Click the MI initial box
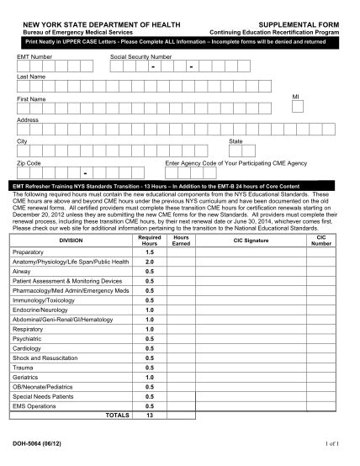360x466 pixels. click(x=297, y=107)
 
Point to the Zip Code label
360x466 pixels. click(x=29, y=162)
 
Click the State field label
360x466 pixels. click(x=236, y=141)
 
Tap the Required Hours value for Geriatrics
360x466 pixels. click(x=149, y=379)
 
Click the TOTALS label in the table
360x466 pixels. click(x=116, y=415)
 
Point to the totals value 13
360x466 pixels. click(x=149, y=415)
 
